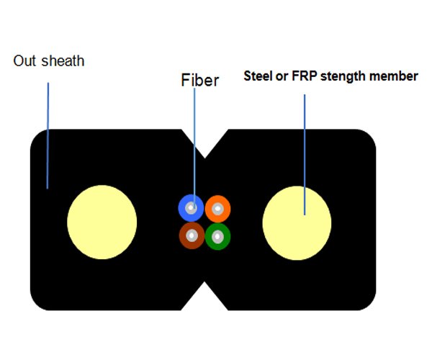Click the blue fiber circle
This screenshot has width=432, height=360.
191,208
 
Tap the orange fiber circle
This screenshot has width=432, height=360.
217,209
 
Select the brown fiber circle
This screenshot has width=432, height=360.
192,235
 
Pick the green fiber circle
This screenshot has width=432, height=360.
217,236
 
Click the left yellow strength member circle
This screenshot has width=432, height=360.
102,222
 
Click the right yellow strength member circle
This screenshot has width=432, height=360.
297,223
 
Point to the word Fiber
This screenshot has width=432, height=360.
200,80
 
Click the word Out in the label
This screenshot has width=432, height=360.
24,61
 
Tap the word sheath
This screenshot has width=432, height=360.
63,61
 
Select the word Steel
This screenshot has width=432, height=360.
258,76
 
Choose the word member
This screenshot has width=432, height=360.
394,76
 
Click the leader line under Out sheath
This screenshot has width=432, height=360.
48,135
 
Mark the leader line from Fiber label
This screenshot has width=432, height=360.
194,148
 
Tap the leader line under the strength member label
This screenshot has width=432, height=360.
305,155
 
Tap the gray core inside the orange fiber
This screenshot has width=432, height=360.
217,209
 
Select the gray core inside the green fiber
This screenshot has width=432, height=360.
217,237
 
